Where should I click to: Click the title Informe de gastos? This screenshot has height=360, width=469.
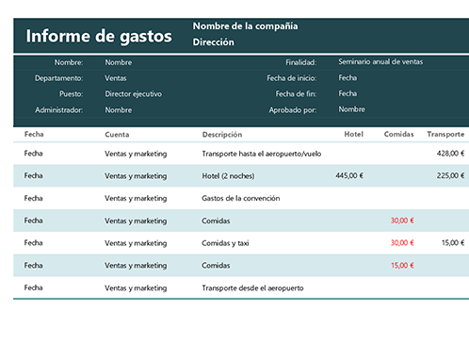99,37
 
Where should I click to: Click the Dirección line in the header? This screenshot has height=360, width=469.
214,42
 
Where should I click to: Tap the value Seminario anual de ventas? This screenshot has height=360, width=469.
380,62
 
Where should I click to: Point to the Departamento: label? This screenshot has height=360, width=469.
58,78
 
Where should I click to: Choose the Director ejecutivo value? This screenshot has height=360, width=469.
134,94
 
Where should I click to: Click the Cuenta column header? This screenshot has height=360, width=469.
118,135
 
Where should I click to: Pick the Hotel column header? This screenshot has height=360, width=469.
354,135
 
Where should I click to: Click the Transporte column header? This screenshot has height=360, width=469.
445,135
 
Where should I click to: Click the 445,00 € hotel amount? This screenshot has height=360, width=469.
348,175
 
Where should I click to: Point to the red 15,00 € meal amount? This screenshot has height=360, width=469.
402,266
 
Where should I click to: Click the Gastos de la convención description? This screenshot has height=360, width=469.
241,198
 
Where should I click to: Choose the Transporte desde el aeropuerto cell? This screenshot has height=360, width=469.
256,288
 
